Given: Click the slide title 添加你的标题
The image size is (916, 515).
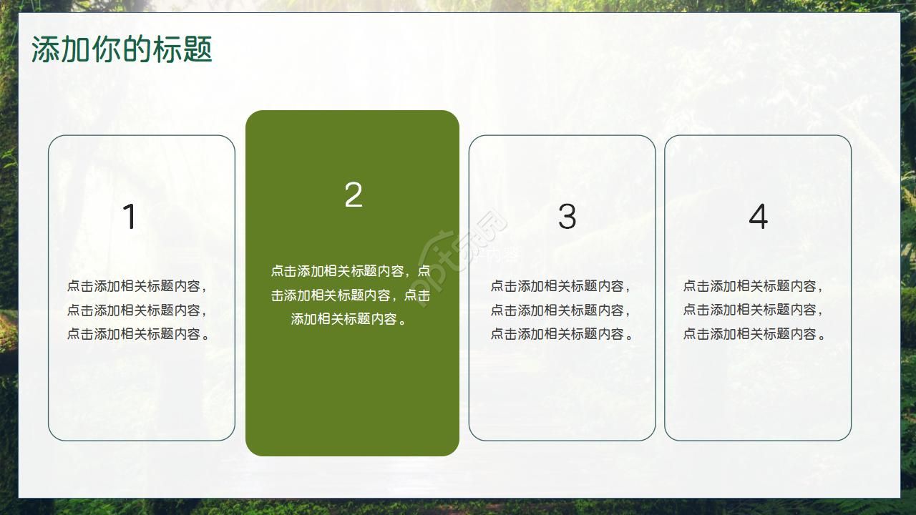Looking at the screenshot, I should (122, 50).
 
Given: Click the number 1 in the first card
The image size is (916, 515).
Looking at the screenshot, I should (130, 217).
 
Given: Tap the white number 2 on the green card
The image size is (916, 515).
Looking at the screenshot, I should (354, 195).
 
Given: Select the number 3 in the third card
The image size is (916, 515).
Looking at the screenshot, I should (567, 216).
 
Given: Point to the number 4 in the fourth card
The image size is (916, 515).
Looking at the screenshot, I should (758, 216).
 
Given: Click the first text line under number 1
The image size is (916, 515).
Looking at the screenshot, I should (137, 286).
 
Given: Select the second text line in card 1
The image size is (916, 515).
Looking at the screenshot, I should (137, 310).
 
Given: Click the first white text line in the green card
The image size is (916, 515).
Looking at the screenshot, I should (351, 271).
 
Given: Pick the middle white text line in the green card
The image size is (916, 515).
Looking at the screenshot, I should (351, 295).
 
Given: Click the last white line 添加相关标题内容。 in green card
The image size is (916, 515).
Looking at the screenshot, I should (351, 319).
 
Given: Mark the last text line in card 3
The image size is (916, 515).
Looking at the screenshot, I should (561, 333).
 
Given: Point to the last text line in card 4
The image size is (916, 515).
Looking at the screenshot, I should (754, 333).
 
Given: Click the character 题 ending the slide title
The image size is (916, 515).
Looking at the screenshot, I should (198, 50).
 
